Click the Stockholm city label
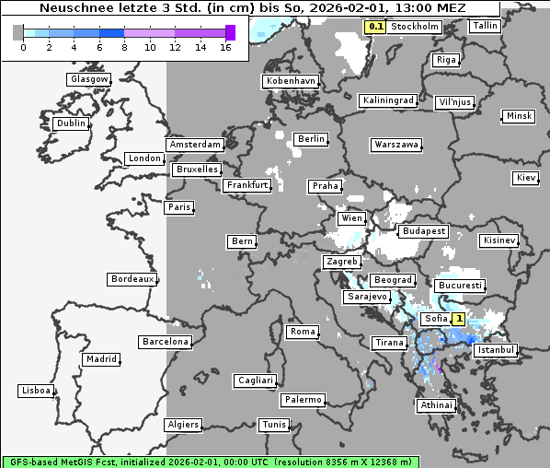click(414, 27)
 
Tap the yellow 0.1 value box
click(375, 27)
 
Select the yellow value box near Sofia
click(457, 319)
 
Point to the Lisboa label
click(36, 391)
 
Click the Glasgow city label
click(89, 79)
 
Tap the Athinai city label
click(437, 405)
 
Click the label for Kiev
click(526, 178)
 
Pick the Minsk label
click(519, 116)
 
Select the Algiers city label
click(182, 425)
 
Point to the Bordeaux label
click(132, 278)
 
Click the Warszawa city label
click(396, 145)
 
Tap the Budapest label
click(423, 231)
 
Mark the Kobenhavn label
click(291, 81)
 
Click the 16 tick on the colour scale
click(226, 47)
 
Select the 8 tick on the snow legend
click(124, 47)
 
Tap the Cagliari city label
click(255, 380)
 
